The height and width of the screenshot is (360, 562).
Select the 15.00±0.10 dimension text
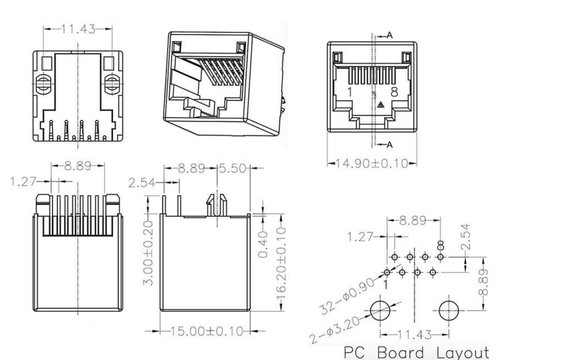coord(205,331)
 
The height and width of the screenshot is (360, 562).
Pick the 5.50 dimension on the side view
coord(233,168)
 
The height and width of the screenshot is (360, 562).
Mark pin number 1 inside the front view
coord(350,92)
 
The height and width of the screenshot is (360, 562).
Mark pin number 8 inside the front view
coord(394,92)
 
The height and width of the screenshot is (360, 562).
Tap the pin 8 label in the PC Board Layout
coord(440,246)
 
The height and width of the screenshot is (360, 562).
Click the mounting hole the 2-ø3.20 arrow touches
coord(380,311)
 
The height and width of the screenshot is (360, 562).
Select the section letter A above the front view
coord(390,35)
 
